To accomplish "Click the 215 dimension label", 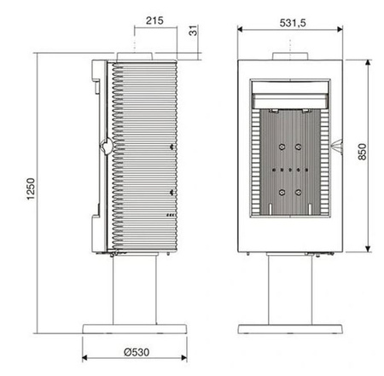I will point(154,19).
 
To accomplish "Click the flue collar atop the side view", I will point(134,55).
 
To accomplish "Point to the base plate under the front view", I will point(292,327).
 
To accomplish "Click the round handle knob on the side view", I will point(103,147).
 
